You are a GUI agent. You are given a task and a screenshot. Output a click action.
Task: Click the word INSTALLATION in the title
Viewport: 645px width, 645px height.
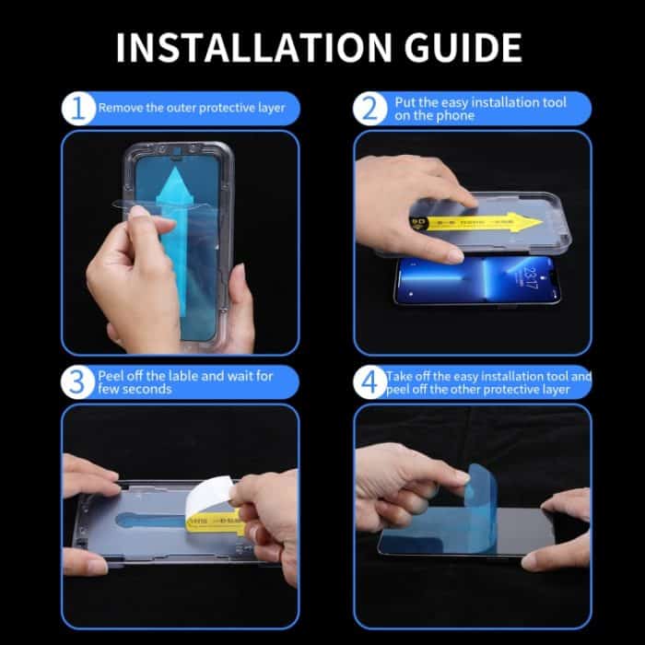pyautogui.click(x=242, y=46)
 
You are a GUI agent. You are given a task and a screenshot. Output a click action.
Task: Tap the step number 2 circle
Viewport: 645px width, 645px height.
pyautogui.click(x=371, y=109)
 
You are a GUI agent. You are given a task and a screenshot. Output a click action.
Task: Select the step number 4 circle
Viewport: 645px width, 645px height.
pyautogui.click(x=371, y=382)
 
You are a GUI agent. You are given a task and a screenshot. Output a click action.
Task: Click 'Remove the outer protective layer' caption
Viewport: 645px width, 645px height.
pyautogui.click(x=192, y=109)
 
